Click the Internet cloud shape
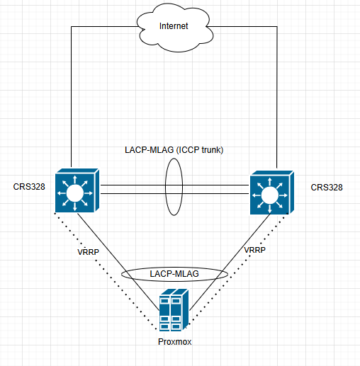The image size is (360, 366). point(175,27)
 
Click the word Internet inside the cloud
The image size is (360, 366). point(174,26)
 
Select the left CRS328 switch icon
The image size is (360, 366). point(77,190)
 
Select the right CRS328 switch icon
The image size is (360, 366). point(272,193)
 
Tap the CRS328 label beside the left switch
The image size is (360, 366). point(29,187)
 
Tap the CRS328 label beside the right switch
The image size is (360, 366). point(327,188)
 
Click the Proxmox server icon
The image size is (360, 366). point(174,310)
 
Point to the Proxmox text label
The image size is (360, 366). point(174,342)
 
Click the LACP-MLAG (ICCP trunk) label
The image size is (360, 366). point(174,150)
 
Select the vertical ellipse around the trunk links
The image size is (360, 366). point(165,187)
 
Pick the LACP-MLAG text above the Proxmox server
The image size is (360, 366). point(174,274)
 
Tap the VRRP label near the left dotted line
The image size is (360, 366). point(88,252)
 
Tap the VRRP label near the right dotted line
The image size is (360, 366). point(254,250)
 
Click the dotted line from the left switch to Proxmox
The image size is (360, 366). point(106,271)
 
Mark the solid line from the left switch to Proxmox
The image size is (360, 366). point(118,262)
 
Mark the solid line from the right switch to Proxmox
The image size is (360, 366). point(230,262)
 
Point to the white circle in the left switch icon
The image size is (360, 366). point(75,193)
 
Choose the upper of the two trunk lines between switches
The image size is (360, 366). point(174,185)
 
